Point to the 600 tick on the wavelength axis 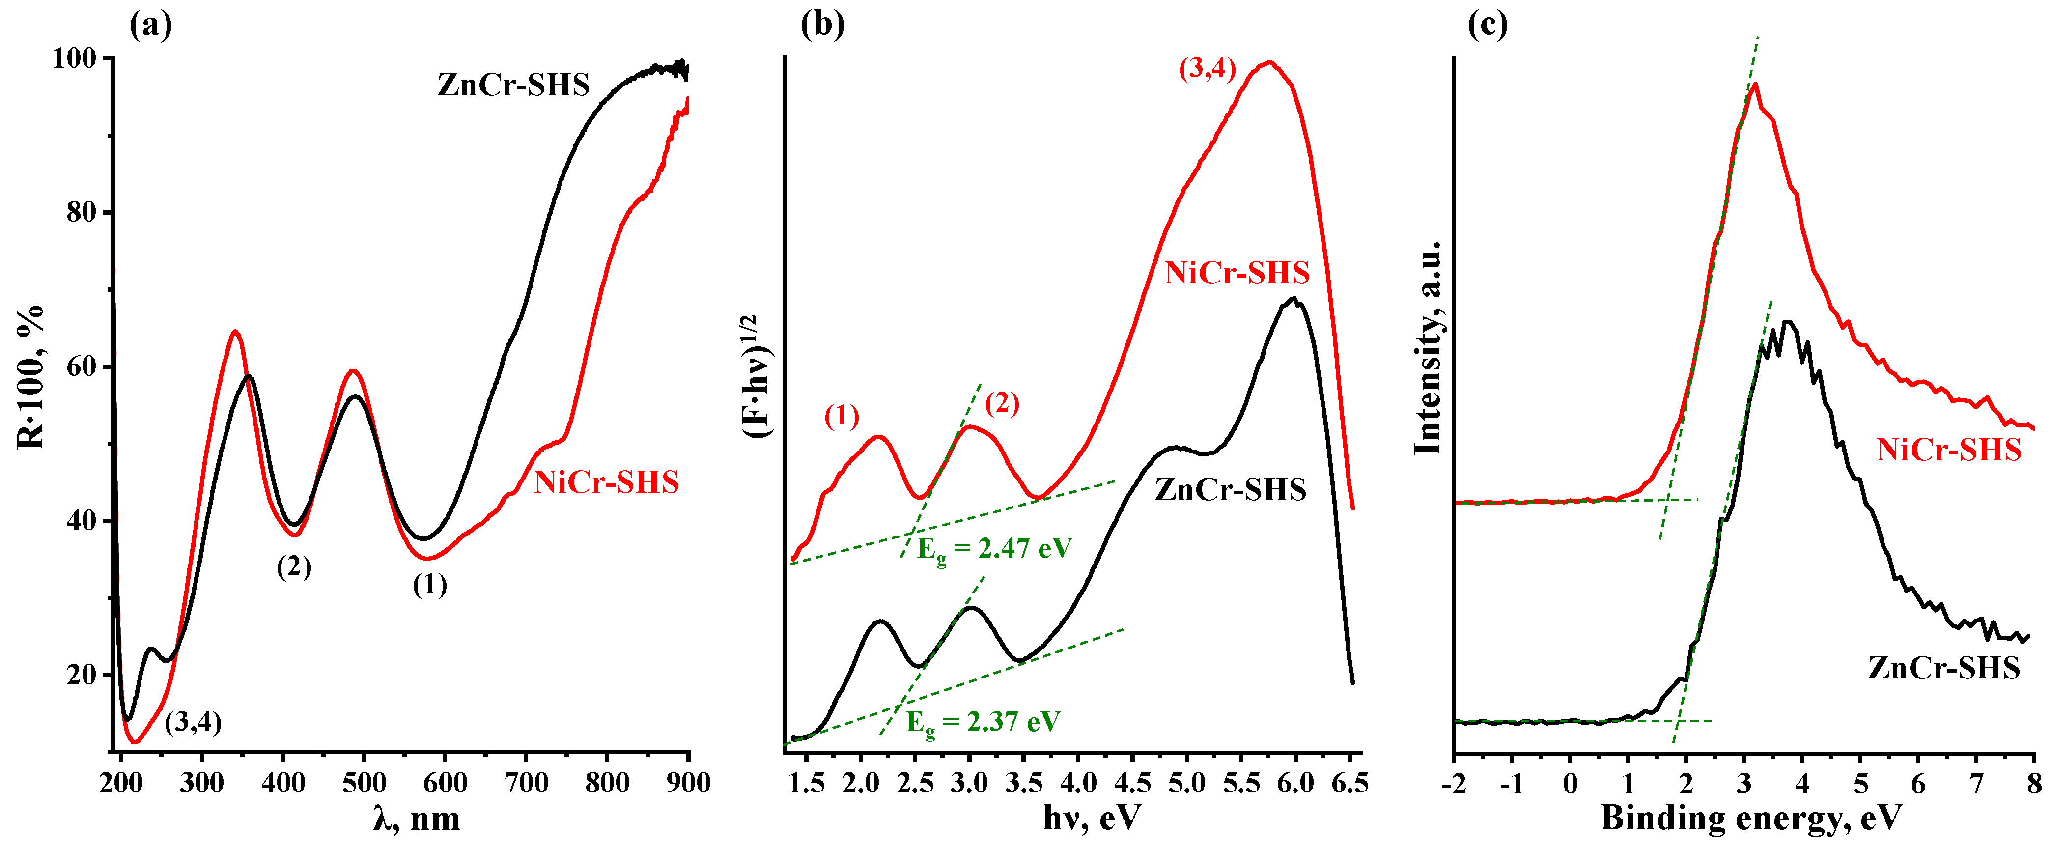[x=445, y=783]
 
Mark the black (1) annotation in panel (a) [x=429, y=585]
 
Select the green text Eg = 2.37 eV [x=983, y=723]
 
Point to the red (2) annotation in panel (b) [x=1002, y=403]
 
